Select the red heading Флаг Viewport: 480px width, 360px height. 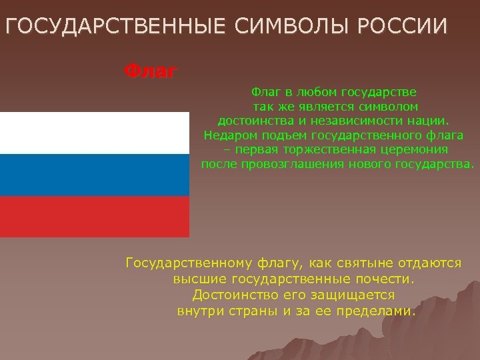(x=151, y=70)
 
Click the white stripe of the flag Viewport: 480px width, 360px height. (x=95, y=133)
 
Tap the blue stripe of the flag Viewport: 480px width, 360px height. (x=95, y=175)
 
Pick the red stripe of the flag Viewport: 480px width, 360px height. (x=95, y=217)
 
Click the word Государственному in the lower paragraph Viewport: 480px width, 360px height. (x=189, y=263)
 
